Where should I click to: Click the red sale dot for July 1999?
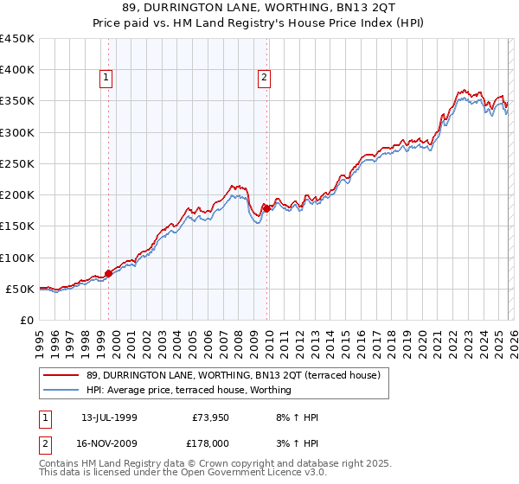(108, 273)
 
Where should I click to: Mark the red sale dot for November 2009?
(266, 208)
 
